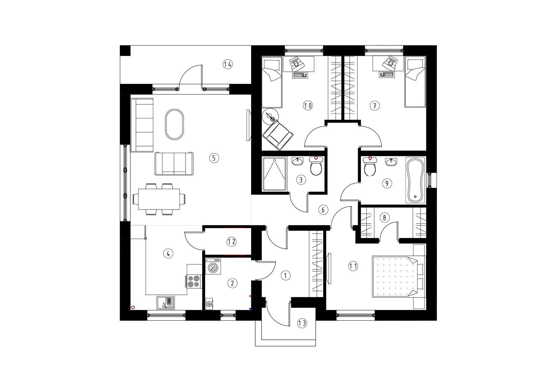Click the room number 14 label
(227, 64)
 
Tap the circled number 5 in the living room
(214, 158)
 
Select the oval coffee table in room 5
(175, 124)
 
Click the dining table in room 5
(159, 199)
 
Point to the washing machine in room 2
(213, 267)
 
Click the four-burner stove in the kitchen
(194, 281)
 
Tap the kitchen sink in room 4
(166, 303)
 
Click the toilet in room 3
(316, 166)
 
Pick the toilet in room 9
(370, 166)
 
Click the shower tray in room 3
(274, 174)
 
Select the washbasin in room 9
(391, 162)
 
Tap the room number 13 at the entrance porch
(302, 323)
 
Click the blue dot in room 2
(250, 309)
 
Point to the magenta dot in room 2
(250, 296)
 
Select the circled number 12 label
(231, 242)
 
